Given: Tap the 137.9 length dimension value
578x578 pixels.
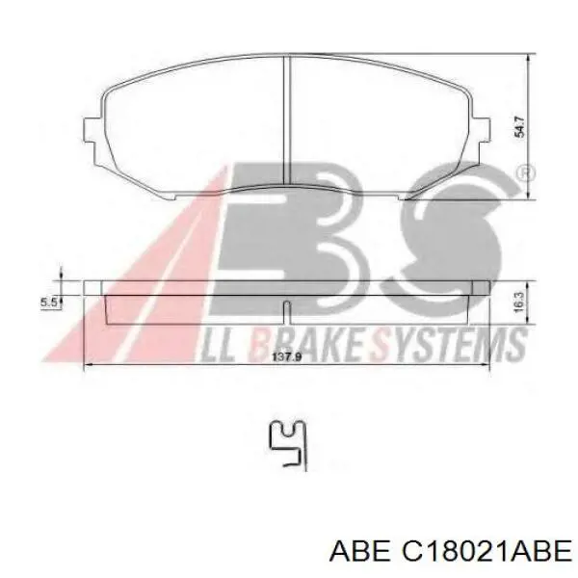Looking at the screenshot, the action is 287,356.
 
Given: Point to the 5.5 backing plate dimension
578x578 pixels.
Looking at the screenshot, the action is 48,302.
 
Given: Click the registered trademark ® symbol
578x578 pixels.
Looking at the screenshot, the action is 525,173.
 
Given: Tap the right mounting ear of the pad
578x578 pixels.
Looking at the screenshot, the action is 482,129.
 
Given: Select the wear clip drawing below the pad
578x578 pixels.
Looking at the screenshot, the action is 288,445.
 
